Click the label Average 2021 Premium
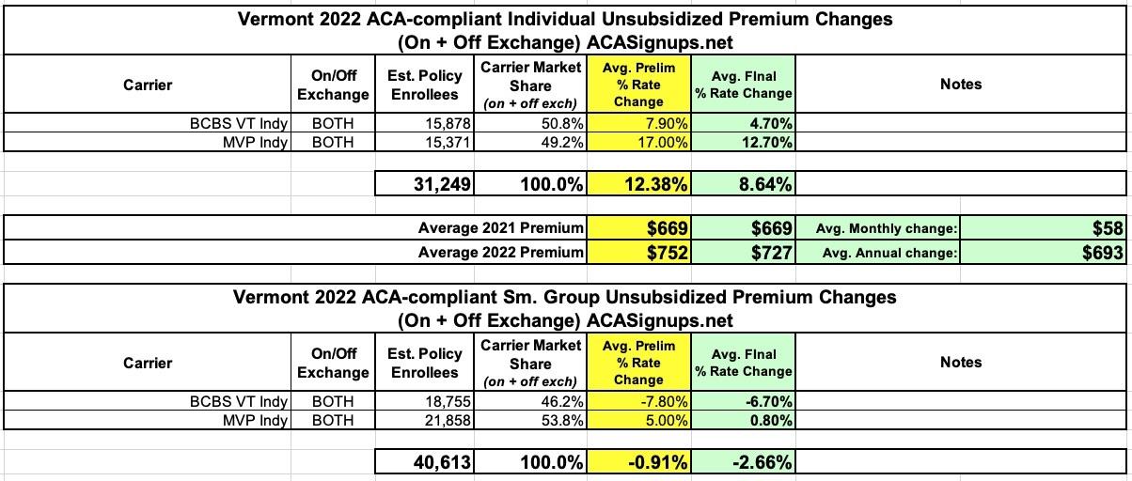click(x=499, y=228)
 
